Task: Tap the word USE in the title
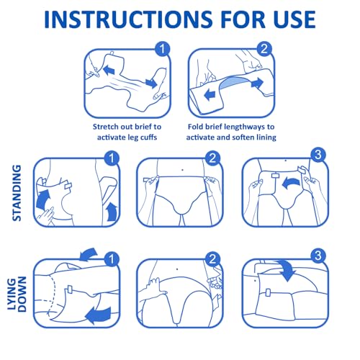[294, 19]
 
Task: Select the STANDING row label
[17, 193]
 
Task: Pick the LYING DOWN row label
[17, 294]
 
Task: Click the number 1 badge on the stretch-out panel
[163, 49]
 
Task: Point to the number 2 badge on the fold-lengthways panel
[264, 49]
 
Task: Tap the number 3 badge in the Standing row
[318, 155]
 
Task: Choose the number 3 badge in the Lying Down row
[318, 256]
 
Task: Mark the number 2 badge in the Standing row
[212, 158]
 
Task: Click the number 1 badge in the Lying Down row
[112, 259]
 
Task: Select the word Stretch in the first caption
[105, 127]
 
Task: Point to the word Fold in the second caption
[195, 127]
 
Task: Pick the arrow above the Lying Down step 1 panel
[89, 254]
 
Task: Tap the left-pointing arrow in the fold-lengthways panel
[210, 94]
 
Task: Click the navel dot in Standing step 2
[183, 170]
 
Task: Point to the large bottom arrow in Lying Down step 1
[99, 315]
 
